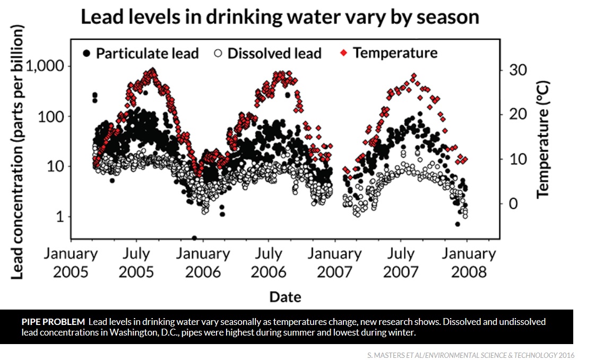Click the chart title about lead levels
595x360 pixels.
click(x=279, y=17)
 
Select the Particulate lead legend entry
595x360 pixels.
click(x=141, y=53)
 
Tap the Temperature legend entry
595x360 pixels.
click(x=389, y=53)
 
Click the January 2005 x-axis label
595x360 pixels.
click(x=71, y=262)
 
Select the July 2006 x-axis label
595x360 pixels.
click(x=269, y=262)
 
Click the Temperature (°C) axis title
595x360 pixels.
click(x=542, y=140)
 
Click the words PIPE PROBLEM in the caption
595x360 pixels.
click(x=53, y=322)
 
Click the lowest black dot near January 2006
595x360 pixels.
click(x=194, y=238)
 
